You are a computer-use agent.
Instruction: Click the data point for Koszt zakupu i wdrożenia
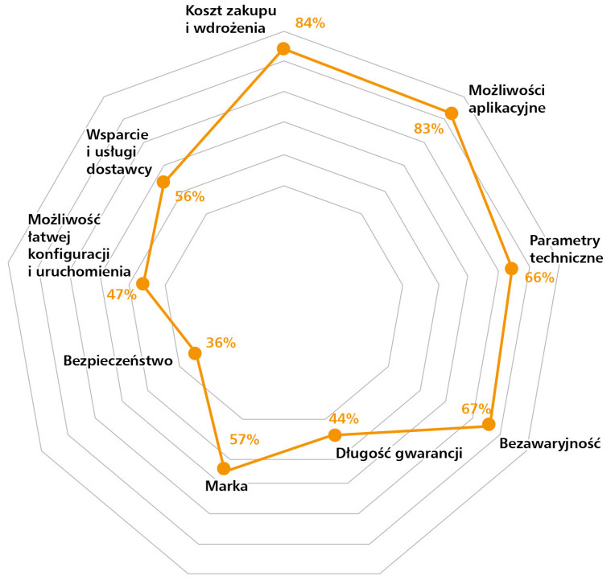pos(283,49)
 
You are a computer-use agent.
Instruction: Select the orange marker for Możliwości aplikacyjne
pos(452,113)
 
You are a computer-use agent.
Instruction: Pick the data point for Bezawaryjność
pos(488,424)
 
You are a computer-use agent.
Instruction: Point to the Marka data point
pos(225,468)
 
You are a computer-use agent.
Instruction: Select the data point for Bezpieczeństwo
pos(194,352)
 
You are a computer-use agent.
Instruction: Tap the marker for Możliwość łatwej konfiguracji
pos(143,283)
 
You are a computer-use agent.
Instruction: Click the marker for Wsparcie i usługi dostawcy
pos(163,182)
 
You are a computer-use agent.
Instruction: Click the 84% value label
pos(310,23)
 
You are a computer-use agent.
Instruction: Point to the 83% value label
pos(429,128)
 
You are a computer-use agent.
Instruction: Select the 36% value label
pos(221,343)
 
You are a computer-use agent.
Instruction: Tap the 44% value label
pos(344,418)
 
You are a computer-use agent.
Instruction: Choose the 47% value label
pos(122,294)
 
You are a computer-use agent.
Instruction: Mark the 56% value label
pos(189,197)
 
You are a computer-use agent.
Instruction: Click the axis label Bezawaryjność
pos(550,443)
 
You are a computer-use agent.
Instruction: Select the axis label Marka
pos(225,486)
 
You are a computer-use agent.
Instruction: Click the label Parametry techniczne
pos(566,249)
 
